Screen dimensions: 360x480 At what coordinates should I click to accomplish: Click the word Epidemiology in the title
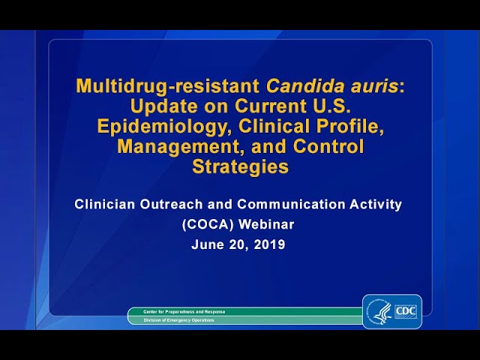coord(154,126)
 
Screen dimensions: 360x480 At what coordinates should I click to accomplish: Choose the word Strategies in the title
coord(240,166)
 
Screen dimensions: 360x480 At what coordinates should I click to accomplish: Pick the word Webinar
coord(268,224)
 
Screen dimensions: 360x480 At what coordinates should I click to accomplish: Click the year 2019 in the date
coord(268,244)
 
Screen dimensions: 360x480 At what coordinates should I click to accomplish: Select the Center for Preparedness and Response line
coord(178,311)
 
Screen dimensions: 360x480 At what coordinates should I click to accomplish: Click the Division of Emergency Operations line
coord(172,320)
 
